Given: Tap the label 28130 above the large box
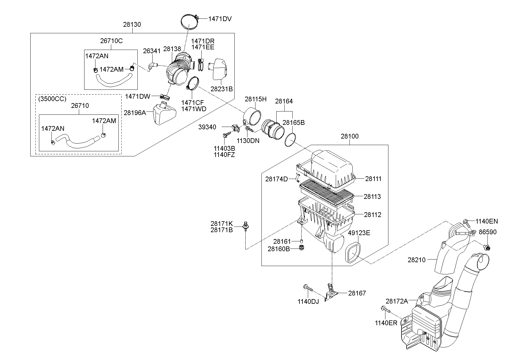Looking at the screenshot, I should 132,25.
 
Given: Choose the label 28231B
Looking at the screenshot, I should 221,89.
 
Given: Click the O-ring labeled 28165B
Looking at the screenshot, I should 291,140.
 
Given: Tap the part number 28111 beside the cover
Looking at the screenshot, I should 373,179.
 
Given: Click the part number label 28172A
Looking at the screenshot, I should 397,301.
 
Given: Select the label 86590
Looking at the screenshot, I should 487,232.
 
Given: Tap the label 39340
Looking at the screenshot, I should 207,127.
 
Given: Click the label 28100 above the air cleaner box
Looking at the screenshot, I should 349,136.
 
